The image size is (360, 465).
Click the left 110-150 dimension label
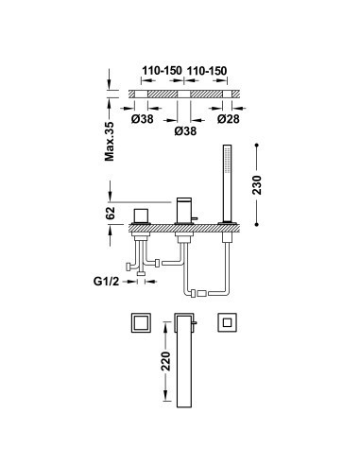pyautogui.click(x=162, y=71)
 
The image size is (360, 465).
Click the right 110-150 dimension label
pyautogui.click(x=207, y=71)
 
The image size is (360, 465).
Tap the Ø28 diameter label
pyautogui.click(x=229, y=119)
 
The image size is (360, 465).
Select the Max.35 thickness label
pyautogui.click(x=110, y=141)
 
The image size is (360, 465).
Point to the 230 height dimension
pyautogui.click(x=257, y=184)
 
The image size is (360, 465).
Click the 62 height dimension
pyautogui.click(x=110, y=214)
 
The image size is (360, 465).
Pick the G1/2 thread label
pyautogui.click(x=107, y=281)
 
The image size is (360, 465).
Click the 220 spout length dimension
pyautogui.click(x=165, y=361)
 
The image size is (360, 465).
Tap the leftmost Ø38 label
pyautogui.click(x=143, y=119)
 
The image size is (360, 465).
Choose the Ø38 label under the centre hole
pyautogui.click(x=185, y=130)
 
